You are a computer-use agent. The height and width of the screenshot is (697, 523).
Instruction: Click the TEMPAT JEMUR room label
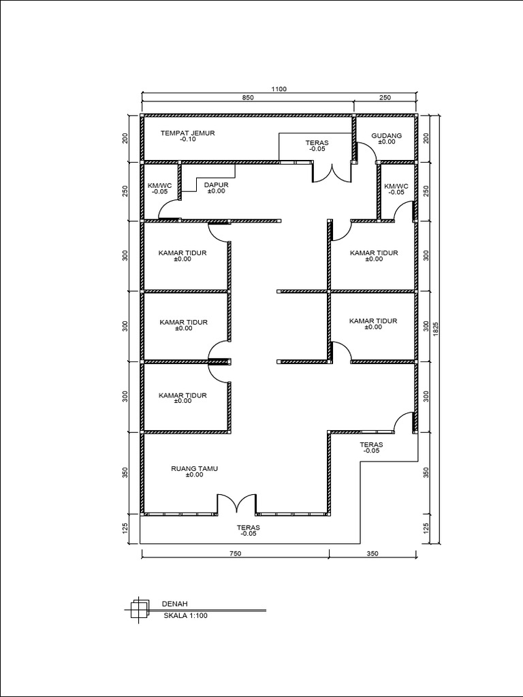[188, 133]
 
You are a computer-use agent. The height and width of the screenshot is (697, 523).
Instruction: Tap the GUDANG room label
[387, 135]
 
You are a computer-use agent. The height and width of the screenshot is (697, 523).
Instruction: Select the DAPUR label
[216, 185]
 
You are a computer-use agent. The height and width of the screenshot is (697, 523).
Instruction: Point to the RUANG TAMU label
[194, 468]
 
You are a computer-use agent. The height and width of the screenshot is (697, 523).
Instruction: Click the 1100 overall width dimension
[279, 89]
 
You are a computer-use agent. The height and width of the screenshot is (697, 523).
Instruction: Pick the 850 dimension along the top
[248, 98]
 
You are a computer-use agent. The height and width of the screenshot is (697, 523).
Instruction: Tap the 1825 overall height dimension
[436, 329]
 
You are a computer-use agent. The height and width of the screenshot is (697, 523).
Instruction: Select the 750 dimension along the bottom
[235, 554]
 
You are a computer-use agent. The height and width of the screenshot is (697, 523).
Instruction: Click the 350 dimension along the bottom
[373, 554]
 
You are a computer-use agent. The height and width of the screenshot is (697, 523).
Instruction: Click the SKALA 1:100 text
[185, 615]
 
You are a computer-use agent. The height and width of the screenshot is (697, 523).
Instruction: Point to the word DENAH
[175, 604]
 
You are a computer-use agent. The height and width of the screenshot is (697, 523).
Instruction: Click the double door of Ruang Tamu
[236, 504]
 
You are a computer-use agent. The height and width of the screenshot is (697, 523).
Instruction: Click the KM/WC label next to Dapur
[159, 186]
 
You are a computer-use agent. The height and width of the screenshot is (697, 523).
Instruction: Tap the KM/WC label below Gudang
[396, 187]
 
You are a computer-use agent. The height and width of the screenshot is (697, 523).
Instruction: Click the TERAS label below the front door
[248, 528]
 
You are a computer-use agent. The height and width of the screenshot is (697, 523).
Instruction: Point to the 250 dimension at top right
[385, 98]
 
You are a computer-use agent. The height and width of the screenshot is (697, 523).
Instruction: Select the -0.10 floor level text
[188, 139]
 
